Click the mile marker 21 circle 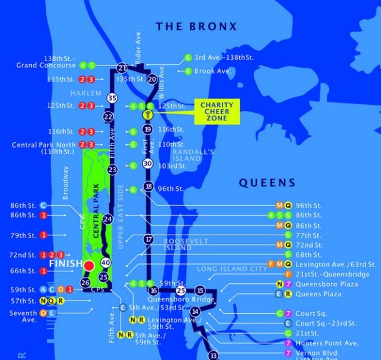pyautogui.click(x=122, y=68)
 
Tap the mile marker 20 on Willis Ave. pyautogui.click(x=152, y=79)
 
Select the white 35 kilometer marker pyautogui.click(x=112, y=98)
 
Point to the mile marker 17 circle pyautogui.click(x=148, y=240)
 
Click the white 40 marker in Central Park pyautogui.click(x=105, y=263)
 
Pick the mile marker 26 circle pyautogui.click(x=86, y=283)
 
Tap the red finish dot pyautogui.click(x=89, y=266)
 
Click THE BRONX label pyautogui.click(x=196, y=26)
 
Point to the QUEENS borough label pyautogui.click(x=266, y=183)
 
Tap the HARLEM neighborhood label pyautogui.click(x=86, y=93)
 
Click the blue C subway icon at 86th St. pyautogui.click(x=43, y=205)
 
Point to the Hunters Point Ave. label pyautogui.click(x=326, y=343)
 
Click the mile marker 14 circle pyautogui.click(x=195, y=311)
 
